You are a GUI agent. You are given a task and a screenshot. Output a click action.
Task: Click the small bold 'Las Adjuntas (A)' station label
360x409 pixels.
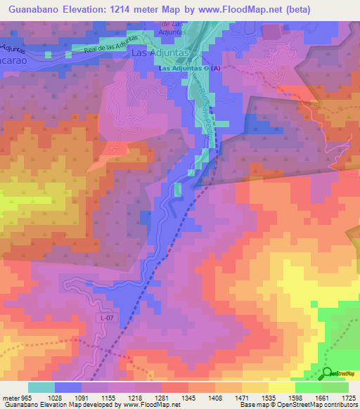190,68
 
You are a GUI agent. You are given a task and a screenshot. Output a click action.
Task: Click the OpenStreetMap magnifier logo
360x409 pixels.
328,375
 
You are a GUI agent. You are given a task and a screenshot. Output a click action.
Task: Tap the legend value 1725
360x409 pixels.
348,397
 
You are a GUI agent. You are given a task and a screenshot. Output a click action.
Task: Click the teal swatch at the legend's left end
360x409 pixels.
41,387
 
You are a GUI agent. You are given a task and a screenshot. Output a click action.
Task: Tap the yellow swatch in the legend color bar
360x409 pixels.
281,387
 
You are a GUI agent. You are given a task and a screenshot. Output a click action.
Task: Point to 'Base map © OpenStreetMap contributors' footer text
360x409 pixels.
296,405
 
